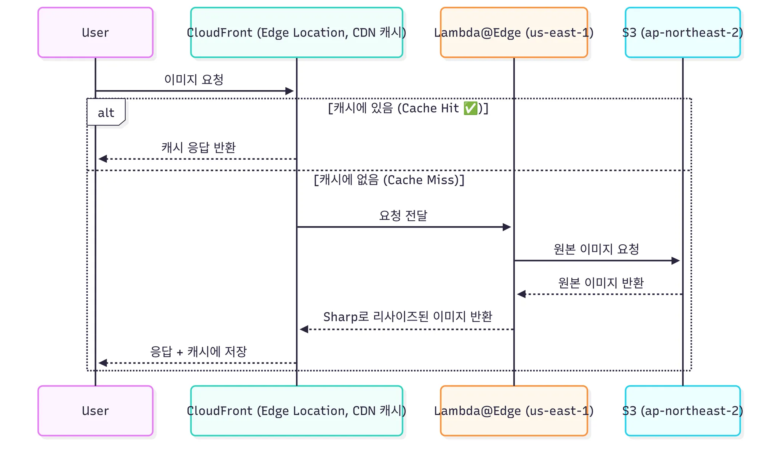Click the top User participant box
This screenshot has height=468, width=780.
coord(95,33)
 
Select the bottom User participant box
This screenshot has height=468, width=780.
coord(95,411)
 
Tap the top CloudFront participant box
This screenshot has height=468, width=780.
coord(296,33)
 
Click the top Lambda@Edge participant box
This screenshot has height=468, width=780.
coord(514,33)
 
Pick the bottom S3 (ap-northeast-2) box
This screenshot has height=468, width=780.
coord(682,411)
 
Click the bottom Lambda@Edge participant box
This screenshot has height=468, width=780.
coord(514,411)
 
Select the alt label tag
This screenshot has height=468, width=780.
coord(106,112)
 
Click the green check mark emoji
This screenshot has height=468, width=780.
coord(470,108)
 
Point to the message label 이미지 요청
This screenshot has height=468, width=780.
coord(193,80)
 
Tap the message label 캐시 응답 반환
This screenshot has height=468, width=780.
coord(198,147)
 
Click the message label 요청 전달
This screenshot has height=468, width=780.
coord(403,215)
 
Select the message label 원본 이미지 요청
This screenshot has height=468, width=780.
coord(596,249)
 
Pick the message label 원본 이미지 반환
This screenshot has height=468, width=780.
coord(601,283)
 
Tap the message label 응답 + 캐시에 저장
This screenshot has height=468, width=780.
coord(198,351)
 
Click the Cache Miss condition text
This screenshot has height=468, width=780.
coord(389,180)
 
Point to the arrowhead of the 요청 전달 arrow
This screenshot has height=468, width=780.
coord(507,227)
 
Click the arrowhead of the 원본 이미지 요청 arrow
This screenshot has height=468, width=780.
coord(676,261)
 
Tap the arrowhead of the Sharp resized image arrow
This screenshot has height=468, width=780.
coord(304,329)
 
